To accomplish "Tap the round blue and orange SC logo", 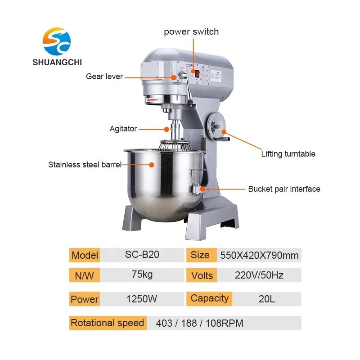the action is click(x=57, y=40).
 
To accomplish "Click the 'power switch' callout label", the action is click(x=191, y=31).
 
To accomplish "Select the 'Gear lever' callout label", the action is click(x=104, y=76).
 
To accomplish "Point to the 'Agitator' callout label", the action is click(x=123, y=129).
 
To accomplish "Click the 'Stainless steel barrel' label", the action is click(x=85, y=165).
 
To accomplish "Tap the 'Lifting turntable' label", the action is click(x=288, y=154).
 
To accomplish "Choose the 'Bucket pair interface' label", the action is click(x=284, y=189).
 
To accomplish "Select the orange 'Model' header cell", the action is click(x=85, y=255).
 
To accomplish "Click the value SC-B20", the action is click(x=142, y=255).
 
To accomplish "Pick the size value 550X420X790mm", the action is click(x=259, y=256).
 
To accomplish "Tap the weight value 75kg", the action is click(x=142, y=275).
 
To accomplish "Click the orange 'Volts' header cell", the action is click(x=202, y=275).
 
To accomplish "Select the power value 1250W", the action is click(x=142, y=299).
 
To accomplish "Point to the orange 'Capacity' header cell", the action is click(x=209, y=298).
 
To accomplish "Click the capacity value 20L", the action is click(x=267, y=299).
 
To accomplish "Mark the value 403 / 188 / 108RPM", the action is click(x=199, y=323).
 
